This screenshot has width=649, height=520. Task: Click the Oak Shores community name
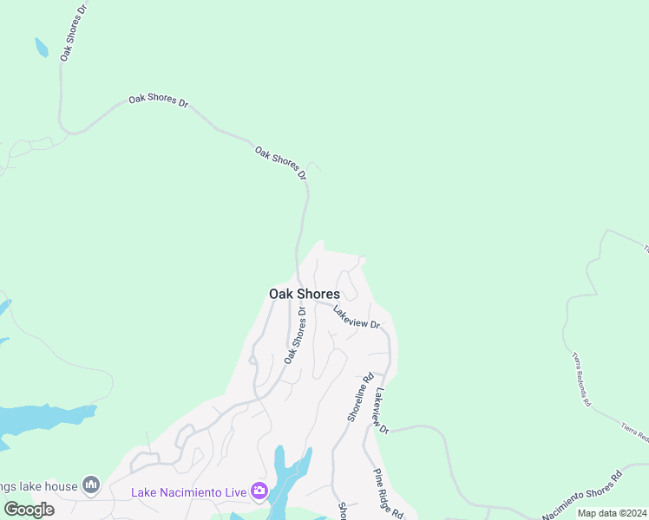click(x=304, y=294)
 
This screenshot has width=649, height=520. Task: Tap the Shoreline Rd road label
click(x=360, y=398)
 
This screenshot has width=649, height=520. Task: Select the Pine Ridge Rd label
click(x=387, y=493)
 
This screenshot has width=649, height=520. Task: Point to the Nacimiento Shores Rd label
click(x=582, y=496)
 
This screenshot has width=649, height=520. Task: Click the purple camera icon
click(x=259, y=492)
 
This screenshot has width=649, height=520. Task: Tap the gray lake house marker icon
click(x=91, y=484)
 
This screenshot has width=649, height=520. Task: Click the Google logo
click(x=28, y=510)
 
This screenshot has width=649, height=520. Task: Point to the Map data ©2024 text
click(x=612, y=513)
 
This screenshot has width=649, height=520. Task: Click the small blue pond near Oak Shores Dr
click(x=41, y=47)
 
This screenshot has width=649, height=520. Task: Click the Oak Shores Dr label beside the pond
click(x=75, y=31)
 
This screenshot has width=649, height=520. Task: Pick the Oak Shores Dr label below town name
click(x=295, y=335)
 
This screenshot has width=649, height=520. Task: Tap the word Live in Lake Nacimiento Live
click(x=233, y=493)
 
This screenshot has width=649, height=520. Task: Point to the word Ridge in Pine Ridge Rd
click(x=389, y=495)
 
